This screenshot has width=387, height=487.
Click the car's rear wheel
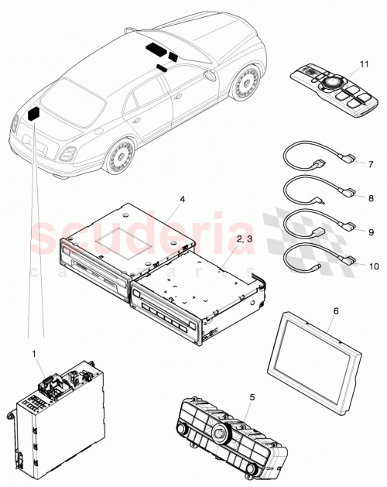[x=119, y=158]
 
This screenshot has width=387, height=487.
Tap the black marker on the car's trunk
[x=36, y=113]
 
